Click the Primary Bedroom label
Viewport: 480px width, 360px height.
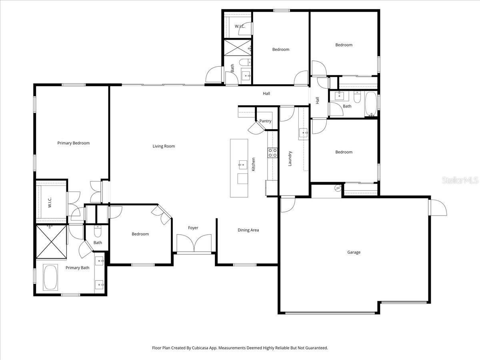click(x=73, y=143)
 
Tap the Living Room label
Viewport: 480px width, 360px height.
click(x=164, y=146)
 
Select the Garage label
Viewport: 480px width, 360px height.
click(x=354, y=252)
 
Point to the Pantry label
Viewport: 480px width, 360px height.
click(x=265, y=121)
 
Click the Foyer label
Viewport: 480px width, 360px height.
click(x=193, y=228)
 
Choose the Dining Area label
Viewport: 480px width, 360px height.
click(x=248, y=230)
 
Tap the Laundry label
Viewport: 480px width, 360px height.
click(x=290, y=158)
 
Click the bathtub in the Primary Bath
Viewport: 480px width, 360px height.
click(x=50, y=277)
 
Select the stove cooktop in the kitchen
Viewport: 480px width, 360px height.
click(x=273, y=153)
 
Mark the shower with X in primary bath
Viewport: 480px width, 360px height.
click(x=51, y=242)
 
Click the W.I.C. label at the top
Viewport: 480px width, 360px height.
click(x=240, y=26)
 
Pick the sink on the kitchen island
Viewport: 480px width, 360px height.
click(x=242, y=164)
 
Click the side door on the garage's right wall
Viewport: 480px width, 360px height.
click(x=438, y=208)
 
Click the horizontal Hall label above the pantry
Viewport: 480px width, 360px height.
click(x=266, y=94)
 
